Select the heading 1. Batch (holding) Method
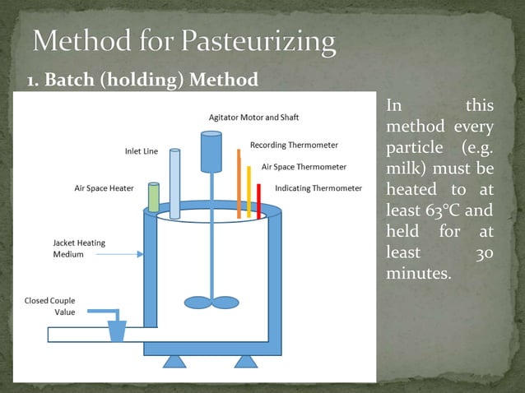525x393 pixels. point(142,81)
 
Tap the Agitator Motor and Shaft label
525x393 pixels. point(250,118)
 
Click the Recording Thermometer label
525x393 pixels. point(294,145)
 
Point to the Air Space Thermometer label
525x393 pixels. point(304,166)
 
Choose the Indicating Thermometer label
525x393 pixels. point(318,188)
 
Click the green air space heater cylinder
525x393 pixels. point(154,197)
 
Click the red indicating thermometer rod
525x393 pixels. point(258,201)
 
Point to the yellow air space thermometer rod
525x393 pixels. point(249,191)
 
